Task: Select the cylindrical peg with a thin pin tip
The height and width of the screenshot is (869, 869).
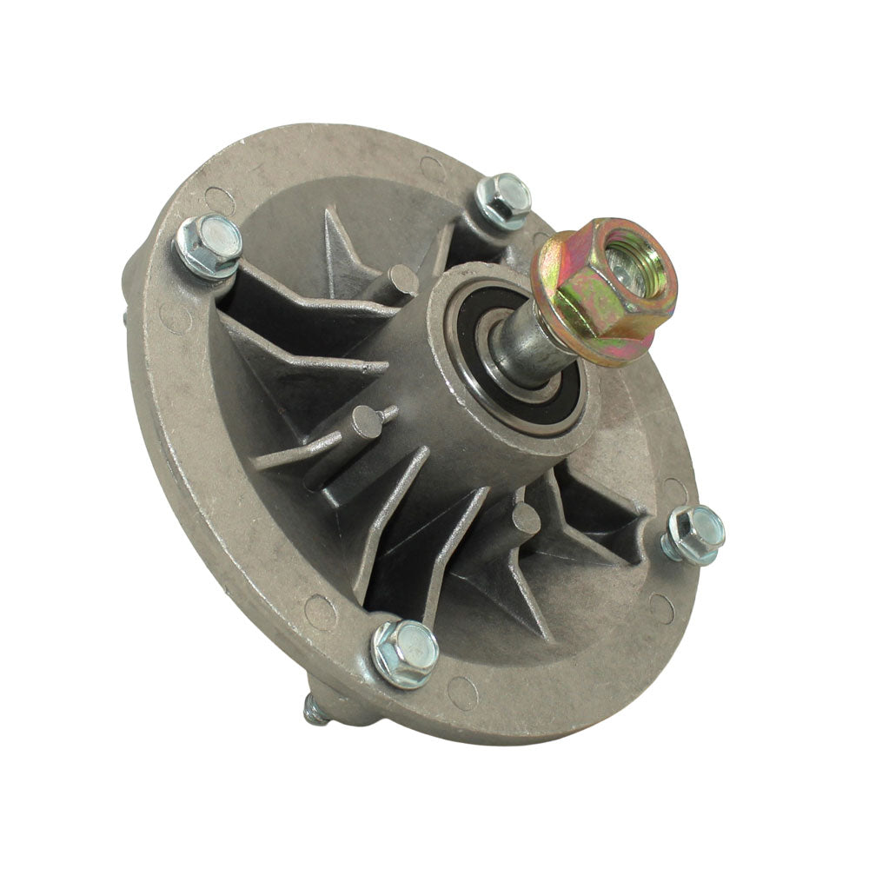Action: tap(364, 424)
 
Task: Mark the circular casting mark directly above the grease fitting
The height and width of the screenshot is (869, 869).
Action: tap(320, 613)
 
